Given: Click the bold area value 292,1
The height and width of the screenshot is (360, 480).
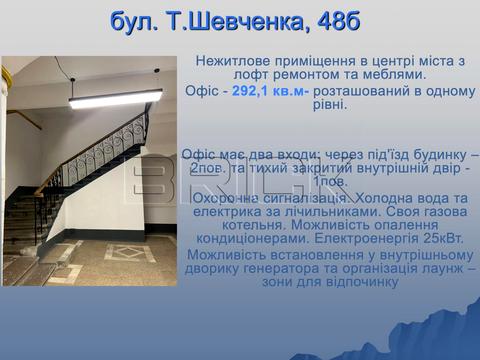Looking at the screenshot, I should (x=253, y=90).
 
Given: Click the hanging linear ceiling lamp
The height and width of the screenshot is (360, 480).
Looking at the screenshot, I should (x=116, y=97).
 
